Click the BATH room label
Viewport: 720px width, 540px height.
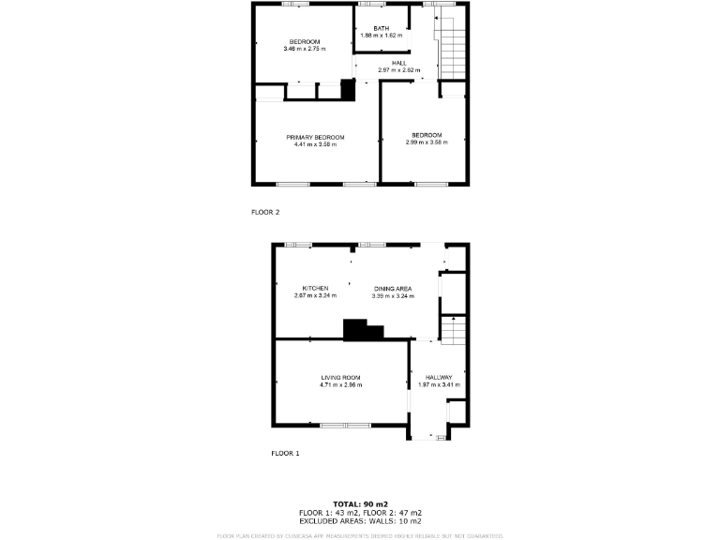381,28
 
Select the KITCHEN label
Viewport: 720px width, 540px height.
315,288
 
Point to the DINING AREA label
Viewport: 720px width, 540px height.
393,288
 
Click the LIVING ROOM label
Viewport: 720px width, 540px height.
340,377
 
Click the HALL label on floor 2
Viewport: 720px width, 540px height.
399,63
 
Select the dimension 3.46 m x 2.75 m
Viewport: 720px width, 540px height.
305,49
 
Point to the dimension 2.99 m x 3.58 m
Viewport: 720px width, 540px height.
427,142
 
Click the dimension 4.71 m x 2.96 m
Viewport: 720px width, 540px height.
340,384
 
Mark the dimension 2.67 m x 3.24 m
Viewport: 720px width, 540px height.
315,296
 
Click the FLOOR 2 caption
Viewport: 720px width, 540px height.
265,212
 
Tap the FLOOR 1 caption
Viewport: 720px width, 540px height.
285,454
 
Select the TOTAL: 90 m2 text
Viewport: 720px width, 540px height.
360,504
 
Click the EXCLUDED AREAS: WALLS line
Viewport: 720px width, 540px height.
360,521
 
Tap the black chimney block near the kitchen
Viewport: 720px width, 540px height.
362,330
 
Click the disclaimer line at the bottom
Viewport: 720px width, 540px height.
360,535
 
